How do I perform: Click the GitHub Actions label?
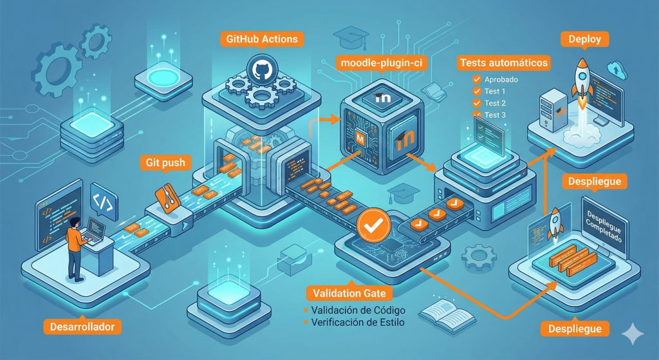[262, 39]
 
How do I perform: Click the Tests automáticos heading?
[504, 63]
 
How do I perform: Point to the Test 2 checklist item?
[495, 103]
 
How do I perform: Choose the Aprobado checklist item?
[500, 79]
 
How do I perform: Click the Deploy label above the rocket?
[584, 39]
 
